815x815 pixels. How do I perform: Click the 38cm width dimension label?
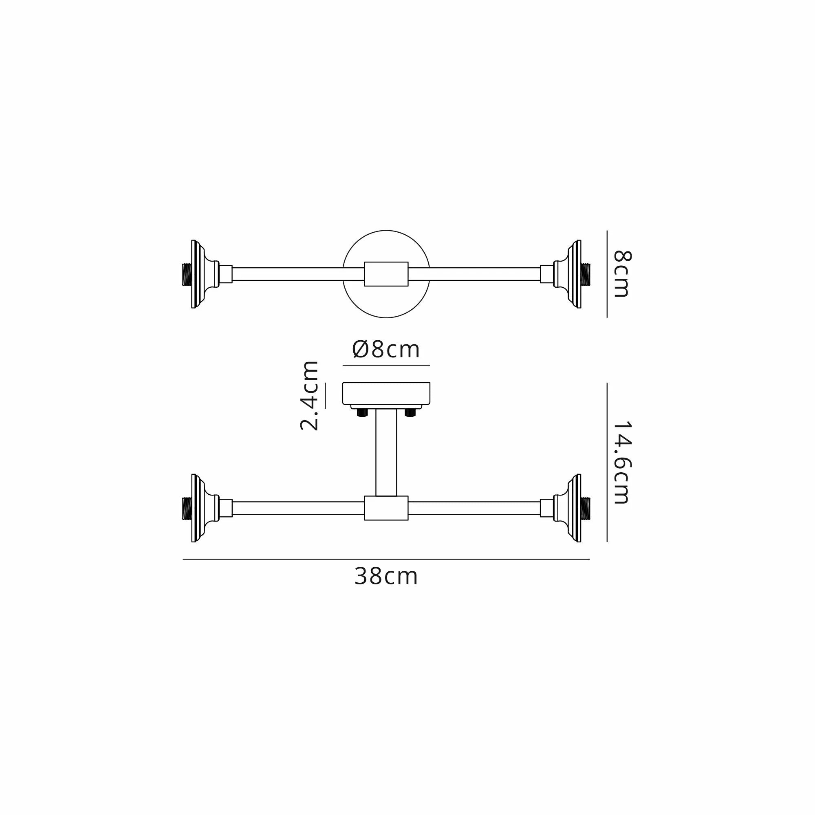(385, 576)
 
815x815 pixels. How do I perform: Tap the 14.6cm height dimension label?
(621, 462)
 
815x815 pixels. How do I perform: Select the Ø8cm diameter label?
(385, 349)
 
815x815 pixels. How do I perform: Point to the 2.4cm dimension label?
(309, 395)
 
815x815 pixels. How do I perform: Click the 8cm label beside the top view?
(621, 274)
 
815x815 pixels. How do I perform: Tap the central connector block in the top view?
(386, 274)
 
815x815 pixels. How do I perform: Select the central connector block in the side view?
(386, 508)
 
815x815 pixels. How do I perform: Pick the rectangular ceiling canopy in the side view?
(386, 393)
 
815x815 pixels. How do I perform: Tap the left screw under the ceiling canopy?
(362, 412)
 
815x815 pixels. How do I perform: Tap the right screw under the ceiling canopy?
(410, 412)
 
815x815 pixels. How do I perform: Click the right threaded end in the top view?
(586, 274)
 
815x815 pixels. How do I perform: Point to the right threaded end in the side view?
(586, 508)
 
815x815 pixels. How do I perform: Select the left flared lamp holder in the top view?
(202, 274)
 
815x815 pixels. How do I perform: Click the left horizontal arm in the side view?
(298, 508)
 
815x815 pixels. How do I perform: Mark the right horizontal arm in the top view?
(474, 274)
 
